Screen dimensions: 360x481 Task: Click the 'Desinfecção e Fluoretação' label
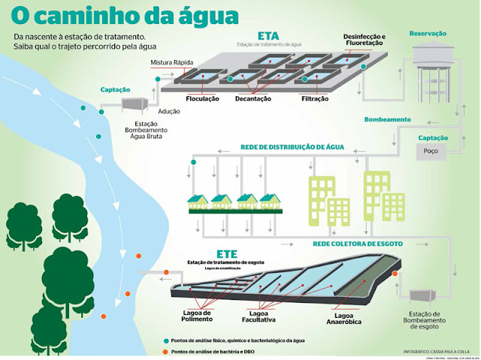pos(363,41)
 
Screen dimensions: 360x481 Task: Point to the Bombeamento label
pos(387,119)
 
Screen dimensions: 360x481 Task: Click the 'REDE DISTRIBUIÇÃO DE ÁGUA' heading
pos(291,147)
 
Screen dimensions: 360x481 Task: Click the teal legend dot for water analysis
pos(164,340)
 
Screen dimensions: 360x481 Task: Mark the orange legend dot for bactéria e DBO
pos(164,351)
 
